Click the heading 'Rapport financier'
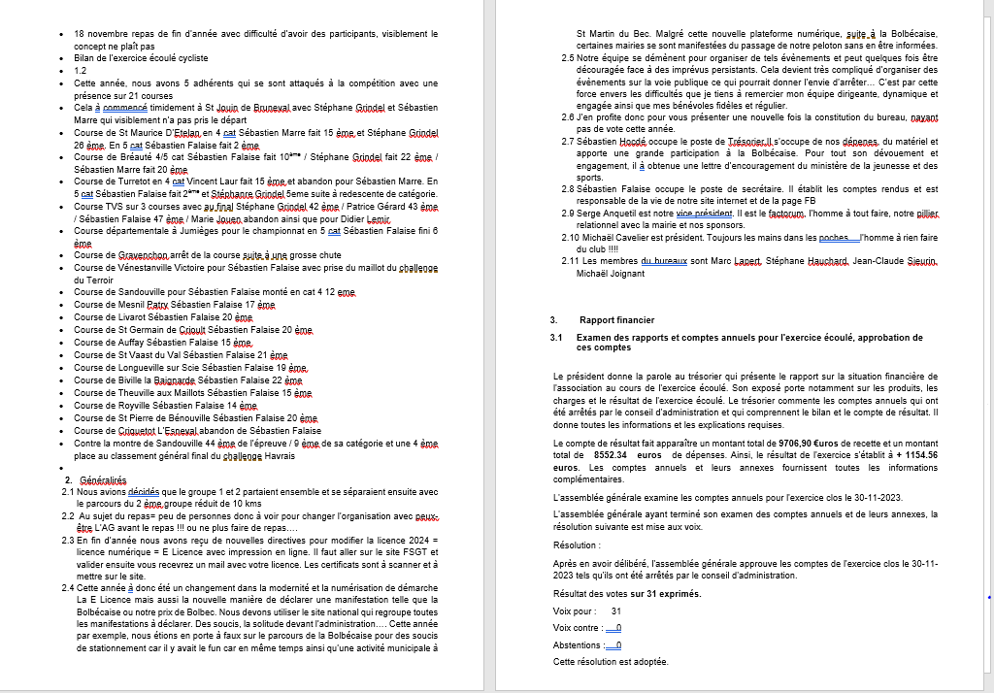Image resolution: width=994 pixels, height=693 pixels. (x=616, y=319)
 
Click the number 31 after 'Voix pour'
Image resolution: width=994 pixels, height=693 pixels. (x=616, y=611)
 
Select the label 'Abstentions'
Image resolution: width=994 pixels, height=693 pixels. (x=577, y=644)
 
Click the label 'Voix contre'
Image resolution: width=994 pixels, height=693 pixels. (x=578, y=628)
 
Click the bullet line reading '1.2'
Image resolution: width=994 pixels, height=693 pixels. (x=81, y=71)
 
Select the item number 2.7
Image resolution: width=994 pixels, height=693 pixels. (x=568, y=142)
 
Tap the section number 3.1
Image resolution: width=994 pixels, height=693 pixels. (x=557, y=336)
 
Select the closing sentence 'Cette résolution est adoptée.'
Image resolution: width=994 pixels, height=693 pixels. (x=611, y=661)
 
